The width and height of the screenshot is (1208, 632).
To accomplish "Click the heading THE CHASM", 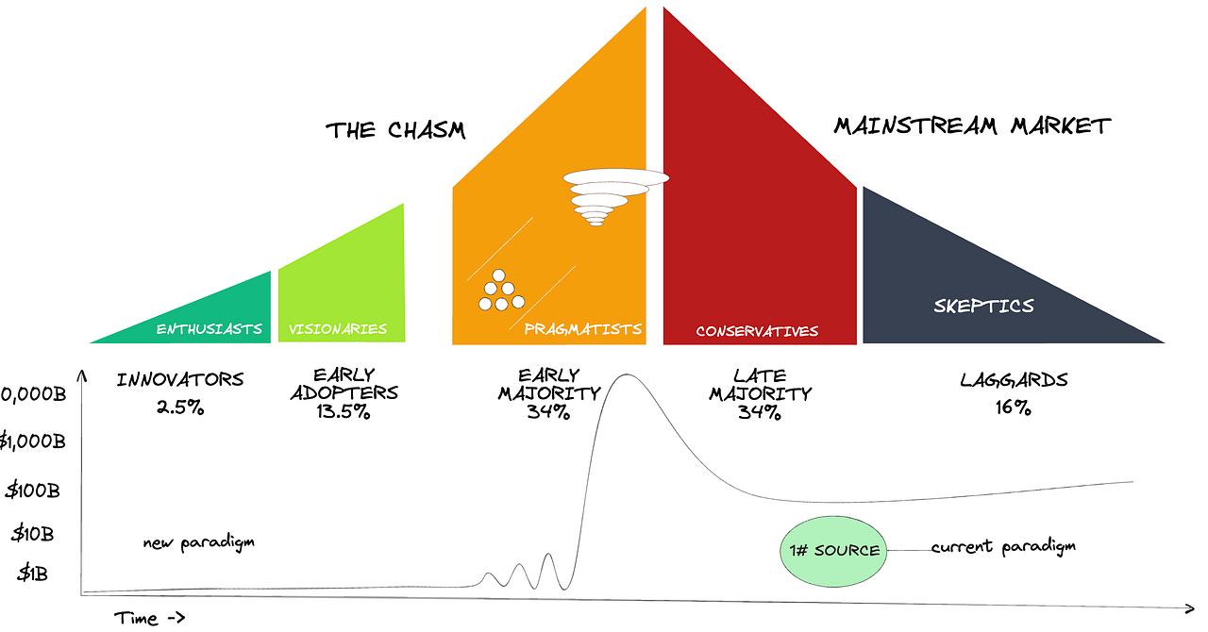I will coord(396,130).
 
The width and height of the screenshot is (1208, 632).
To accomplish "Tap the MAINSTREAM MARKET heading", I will coord(972,125).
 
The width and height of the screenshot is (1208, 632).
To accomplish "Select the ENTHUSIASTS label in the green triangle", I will coord(209,329).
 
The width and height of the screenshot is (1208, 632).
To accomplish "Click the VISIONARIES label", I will coord(338,329).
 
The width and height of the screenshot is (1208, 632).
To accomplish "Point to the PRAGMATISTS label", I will coord(582,329).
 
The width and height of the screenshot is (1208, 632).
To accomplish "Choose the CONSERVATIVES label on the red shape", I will coord(757,331).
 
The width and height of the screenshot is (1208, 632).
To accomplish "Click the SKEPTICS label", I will coord(983,306).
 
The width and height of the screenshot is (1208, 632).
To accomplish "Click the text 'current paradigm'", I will coord(1003,546).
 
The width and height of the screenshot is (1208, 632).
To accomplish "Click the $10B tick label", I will coord(33,533).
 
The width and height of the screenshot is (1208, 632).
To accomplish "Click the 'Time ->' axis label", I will coord(149,618).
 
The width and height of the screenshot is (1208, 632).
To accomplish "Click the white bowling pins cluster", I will coord(498,291).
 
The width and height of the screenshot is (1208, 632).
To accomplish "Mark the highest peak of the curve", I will coord(624,375).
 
